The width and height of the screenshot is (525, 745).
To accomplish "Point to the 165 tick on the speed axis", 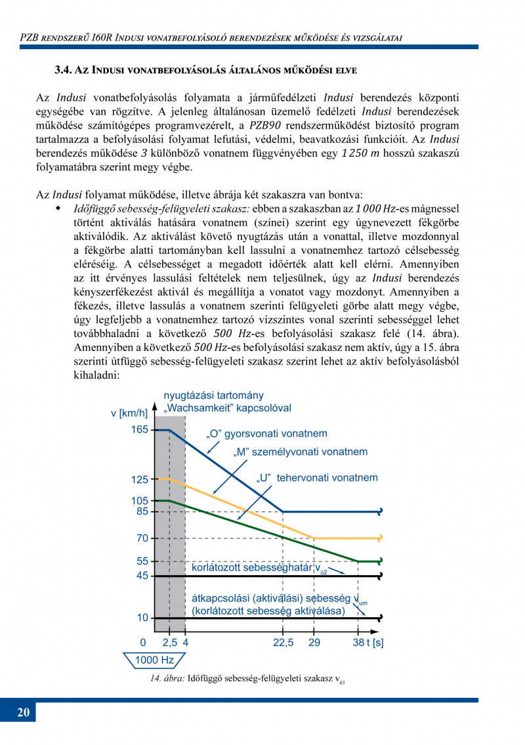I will pos(139,430).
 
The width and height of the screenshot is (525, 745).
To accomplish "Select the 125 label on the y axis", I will pos(139,479).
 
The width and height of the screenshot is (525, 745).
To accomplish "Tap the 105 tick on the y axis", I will pos(139,501).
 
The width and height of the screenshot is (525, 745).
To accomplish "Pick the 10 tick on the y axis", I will pos(142,618).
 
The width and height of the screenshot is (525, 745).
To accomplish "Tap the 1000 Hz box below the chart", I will pos(154,660).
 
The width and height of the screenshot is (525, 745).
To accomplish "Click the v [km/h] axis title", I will pos(129,413).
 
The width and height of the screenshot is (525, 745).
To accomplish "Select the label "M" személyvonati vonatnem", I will pos(301,452).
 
